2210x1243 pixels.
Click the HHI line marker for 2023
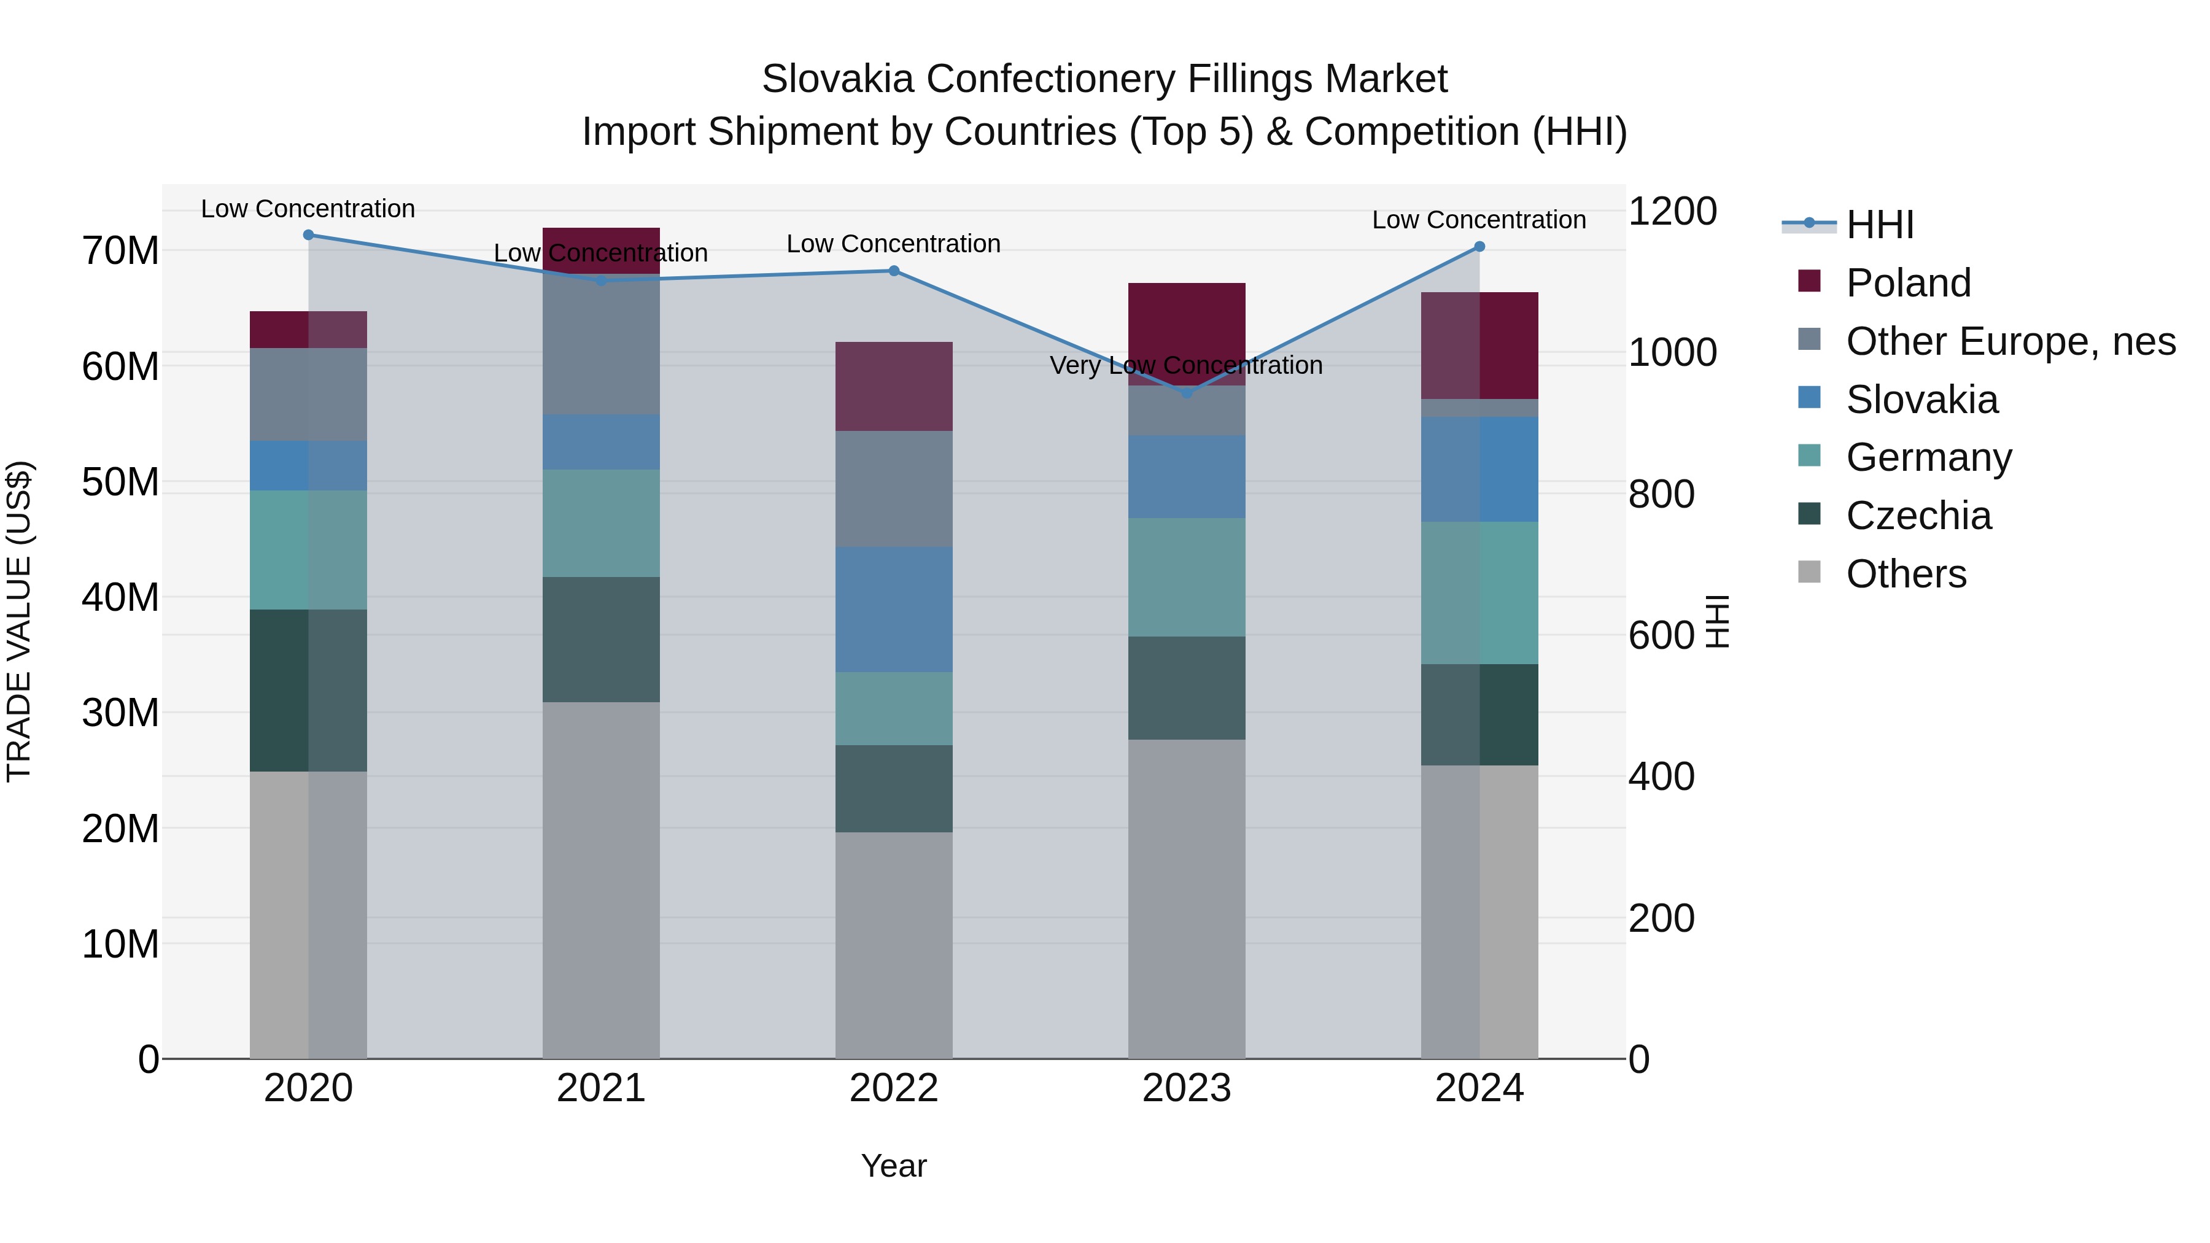(x=1187, y=393)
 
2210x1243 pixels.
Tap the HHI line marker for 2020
(x=308, y=235)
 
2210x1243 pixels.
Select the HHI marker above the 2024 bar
(x=1479, y=247)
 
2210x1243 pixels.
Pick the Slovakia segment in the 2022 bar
(x=894, y=609)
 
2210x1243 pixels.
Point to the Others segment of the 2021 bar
(x=600, y=879)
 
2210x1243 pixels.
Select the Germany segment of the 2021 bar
(x=600, y=522)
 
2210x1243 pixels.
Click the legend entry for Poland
(x=1908, y=283)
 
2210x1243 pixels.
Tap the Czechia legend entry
(x=1918, y=516)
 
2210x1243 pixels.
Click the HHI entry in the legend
(x=1879, y=225)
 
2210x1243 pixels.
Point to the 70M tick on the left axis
(x=120, y=251)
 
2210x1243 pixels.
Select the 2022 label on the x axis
(x=894, y=1088)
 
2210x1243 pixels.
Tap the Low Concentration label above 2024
(x=1478, y=220)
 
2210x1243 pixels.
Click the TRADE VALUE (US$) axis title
(x=19, y=621)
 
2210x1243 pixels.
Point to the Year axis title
(x=894, y=1166)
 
